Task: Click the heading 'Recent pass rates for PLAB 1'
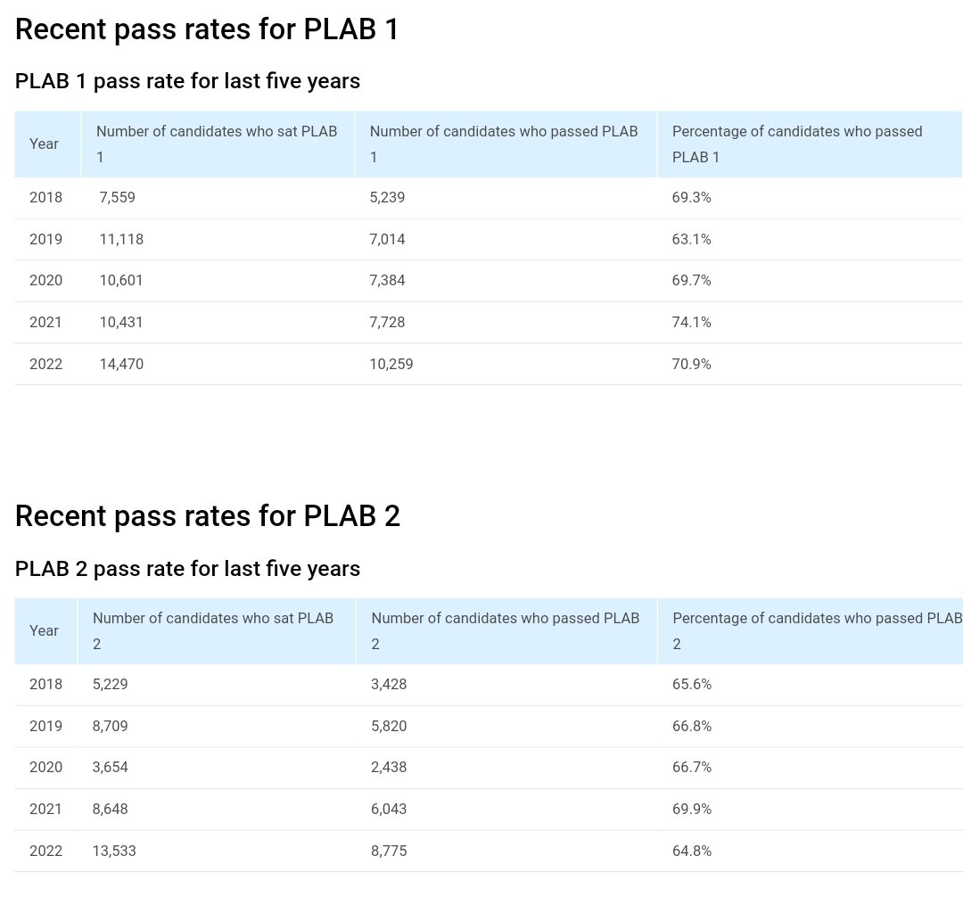[207, 30]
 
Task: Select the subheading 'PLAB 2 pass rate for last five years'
[187, 569]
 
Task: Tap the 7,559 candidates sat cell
[118, 198]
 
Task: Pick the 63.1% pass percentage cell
[691, 239]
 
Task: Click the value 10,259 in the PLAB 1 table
[391, 364]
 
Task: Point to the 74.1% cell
[691, 322]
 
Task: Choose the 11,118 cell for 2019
[121, 239]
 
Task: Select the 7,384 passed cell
[387, 281]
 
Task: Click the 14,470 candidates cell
[121, 364]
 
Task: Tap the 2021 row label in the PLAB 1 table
[45, 322]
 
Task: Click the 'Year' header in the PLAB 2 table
[44, 630]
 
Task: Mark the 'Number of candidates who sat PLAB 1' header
[217, 144]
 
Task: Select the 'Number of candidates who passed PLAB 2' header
[505, 630]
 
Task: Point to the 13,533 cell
[114, 851]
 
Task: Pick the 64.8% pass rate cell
[691, 851]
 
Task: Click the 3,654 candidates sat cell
[111, 768]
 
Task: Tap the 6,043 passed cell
[389, 809]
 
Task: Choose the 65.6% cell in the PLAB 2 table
[691, 685]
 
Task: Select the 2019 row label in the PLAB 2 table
[45, 726]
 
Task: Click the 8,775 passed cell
[389, 851]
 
